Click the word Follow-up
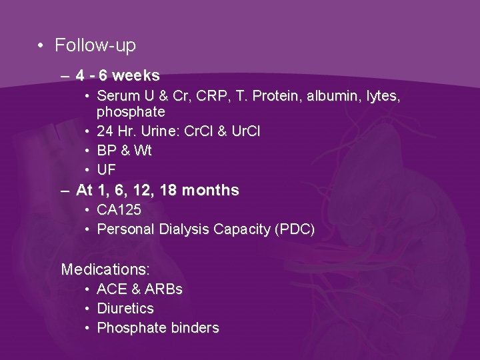95,45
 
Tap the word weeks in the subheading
136,76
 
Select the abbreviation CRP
202,97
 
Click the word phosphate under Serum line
131,112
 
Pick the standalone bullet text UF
107,170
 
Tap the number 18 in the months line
169,191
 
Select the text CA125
119,210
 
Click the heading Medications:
105,270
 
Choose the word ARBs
164,289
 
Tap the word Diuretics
125,309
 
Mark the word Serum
116,97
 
